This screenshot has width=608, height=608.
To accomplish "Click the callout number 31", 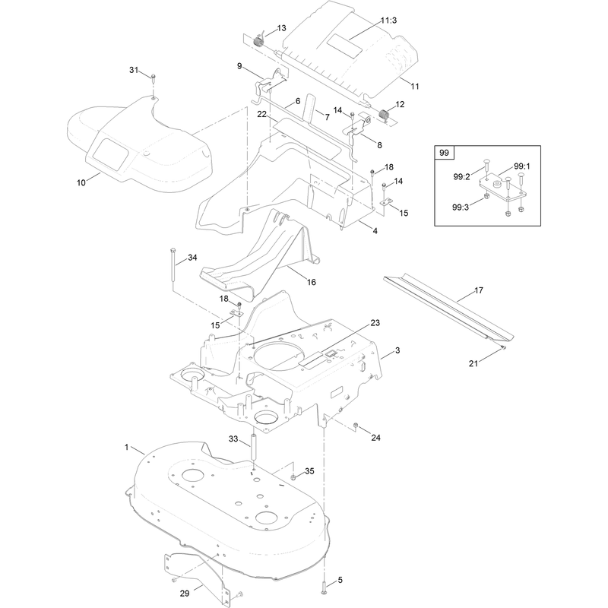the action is (x=134, y=70).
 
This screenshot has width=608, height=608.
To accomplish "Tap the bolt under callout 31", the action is (x=154, y=77).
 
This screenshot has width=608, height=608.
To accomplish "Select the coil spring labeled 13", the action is (x=258, y=40).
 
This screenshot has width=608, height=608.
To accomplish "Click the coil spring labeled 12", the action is (x=384, y=116).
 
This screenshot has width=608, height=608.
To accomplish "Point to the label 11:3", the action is (x=388, y=21).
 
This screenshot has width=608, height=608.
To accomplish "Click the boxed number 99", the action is (x=444, y=153).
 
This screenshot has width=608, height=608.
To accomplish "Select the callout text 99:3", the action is (x=461, y=207).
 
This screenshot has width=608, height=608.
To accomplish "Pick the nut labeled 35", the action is (x=294, y=477).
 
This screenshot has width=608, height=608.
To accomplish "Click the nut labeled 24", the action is (x=354, y=426).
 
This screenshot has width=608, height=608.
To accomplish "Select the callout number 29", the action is (x=185, y=594).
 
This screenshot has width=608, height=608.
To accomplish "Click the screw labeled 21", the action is (x=502, y=347).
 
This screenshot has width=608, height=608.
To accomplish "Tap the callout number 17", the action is (x=479, y=290).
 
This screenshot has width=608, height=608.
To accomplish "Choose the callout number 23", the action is (x=375, y=322).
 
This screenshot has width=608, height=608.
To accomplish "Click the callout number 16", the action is (x=312, y=282).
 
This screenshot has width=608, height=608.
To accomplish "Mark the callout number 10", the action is (x=81, y=182).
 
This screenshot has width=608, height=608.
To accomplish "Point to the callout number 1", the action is (x=126, y=447).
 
